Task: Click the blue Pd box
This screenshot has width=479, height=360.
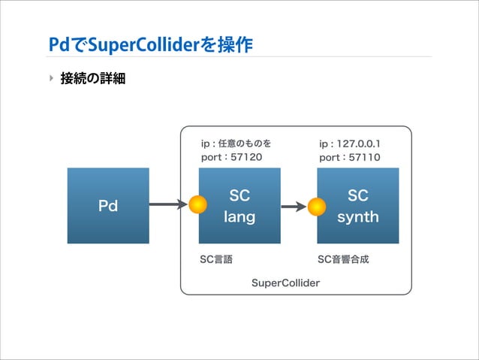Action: coord(108,205)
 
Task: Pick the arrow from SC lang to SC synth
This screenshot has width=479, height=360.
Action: coord(294,205)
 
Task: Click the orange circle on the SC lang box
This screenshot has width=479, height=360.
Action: coord(197,204)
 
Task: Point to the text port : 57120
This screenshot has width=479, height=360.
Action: coord(232,158)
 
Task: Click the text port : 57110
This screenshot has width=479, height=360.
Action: coord(350,158)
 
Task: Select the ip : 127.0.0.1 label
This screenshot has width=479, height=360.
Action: coord(350,143)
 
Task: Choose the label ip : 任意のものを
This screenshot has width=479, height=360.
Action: coord(236,143)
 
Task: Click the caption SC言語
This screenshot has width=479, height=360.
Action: coord(216,259)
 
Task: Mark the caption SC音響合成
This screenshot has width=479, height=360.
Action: coord(343,259)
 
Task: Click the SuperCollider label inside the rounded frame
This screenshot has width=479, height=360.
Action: coord(285,283)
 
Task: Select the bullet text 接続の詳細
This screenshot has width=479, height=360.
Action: coord(92,77)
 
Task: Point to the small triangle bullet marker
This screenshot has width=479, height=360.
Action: coord(51,77)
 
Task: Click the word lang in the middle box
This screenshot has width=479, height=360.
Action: coord(239,217)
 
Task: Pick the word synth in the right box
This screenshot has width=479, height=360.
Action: coord(357,217)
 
